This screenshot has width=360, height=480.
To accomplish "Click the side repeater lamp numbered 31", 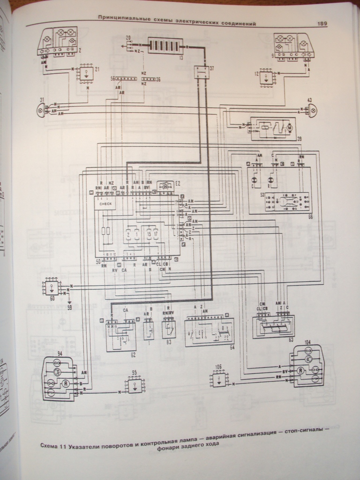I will click(x=41, y=111).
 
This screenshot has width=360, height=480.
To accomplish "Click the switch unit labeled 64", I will click(x=209, y=332).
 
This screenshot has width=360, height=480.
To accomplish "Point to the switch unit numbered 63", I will click(x=273, y=326).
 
